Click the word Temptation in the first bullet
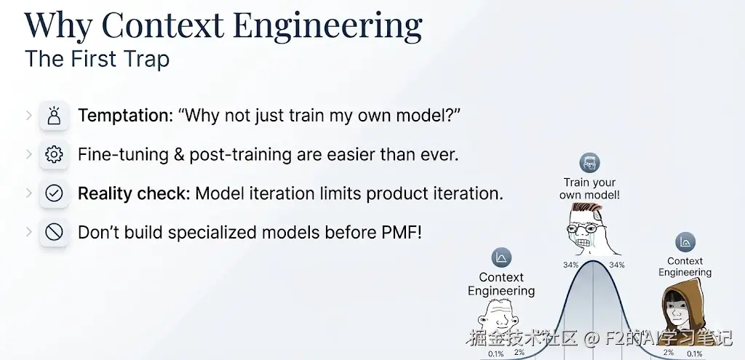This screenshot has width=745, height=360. click(x=125, y=116)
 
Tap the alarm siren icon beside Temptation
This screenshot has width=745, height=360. click(x=54, y=116)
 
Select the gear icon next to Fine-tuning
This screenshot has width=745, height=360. click(x=54, y=154)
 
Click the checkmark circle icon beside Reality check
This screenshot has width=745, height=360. click(x=54, y=193)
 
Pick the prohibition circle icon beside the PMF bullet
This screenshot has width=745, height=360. click(x=54, y=232)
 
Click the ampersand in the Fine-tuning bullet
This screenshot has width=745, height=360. click(x=179, y=155)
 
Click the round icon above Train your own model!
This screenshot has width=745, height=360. click(x=589, y=163)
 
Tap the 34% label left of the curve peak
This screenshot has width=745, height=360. click(x=570, y=265)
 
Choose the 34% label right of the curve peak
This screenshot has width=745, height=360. click(x=617, y=265)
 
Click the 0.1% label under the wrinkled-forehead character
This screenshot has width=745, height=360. click(x=495, y=354)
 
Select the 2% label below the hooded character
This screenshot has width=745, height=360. click(x=669, y=353)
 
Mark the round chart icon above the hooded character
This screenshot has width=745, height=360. click(x=685, y=242)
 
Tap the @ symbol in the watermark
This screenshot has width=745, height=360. click(x=590, y=338)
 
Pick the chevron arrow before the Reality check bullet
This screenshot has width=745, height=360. click(x=29, y=193)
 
